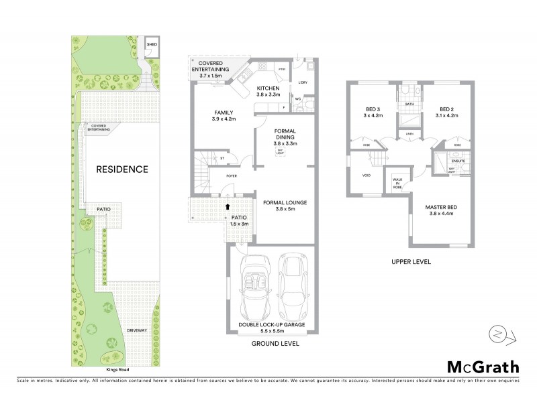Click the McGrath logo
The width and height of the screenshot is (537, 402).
click(483, 366)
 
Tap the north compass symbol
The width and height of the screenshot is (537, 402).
click(499, 334)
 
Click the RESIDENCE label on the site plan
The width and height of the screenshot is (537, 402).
click(121, 169)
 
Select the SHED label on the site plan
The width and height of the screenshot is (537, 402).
click(151, 45)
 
